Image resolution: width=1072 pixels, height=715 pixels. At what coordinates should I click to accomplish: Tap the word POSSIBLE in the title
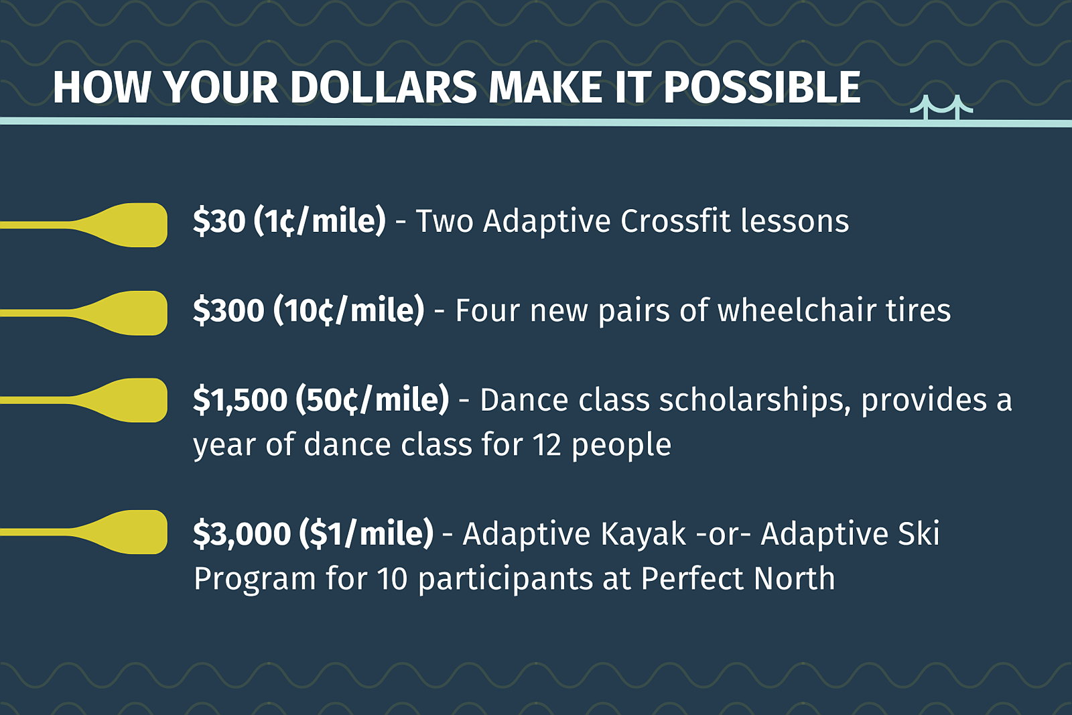[762, 88]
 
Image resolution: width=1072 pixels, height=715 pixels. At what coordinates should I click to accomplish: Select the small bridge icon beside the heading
[941, 107]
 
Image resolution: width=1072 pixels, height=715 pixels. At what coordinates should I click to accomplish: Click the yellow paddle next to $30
[84, 225]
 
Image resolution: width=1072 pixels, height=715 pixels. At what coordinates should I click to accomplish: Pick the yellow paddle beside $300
[84, 313]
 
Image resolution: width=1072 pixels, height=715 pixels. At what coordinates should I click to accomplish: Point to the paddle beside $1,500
[84, 400]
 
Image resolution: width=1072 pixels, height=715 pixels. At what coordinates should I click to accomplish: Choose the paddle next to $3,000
[84, 531]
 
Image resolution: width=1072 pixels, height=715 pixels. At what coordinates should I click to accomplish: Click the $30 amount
[219, 221]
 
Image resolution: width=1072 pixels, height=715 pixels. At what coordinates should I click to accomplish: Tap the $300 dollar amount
[228, 310]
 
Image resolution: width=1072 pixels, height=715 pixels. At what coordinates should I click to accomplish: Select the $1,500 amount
[241, 399]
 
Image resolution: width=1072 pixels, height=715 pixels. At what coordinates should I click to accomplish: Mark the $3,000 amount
[242, 533]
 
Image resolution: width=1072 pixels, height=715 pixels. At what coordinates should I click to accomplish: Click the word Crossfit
[675, 221]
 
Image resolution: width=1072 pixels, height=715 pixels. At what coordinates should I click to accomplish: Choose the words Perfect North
[738, 578]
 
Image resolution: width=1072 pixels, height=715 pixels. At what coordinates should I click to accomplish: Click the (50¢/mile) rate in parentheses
[373, 399]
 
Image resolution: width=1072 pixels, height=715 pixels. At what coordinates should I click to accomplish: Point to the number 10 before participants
[393, 578]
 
